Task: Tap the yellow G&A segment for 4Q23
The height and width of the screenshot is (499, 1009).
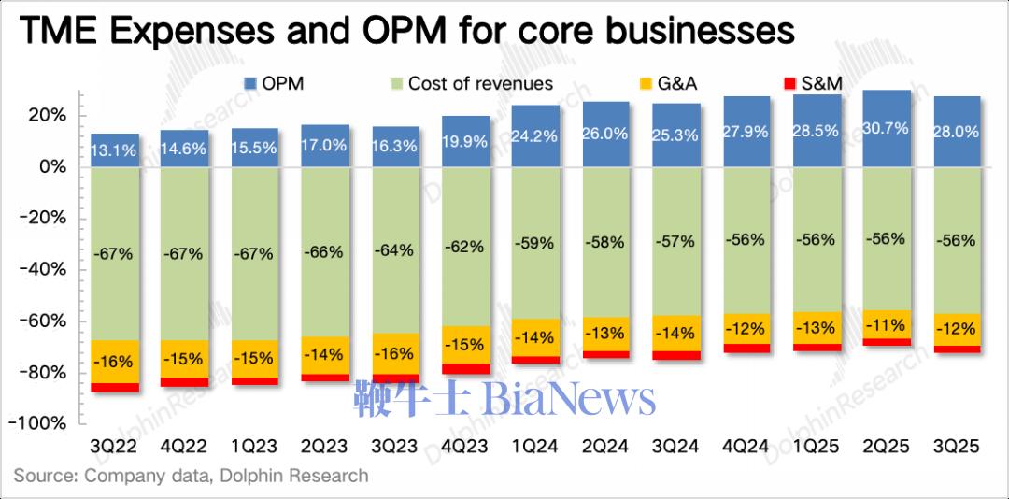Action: click(x=464, y=344)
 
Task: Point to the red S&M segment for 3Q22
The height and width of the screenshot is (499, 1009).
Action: click(x=115, y=387)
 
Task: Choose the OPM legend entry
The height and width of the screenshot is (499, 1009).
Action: click(x=277, y=83)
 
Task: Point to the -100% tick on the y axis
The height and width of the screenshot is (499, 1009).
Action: click(x=38, y=422)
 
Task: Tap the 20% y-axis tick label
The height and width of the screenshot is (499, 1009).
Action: click(x=46, y=115)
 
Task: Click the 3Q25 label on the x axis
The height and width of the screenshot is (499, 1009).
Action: click(x=956, y=448)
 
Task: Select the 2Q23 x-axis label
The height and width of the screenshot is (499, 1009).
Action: click(x=324, y=448)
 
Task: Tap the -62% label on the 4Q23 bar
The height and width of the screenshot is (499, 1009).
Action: click(x=464, y=247)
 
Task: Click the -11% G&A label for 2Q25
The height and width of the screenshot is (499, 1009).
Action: click(x=886, y=325)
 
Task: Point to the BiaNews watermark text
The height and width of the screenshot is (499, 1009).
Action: click(x=569, y=400)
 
